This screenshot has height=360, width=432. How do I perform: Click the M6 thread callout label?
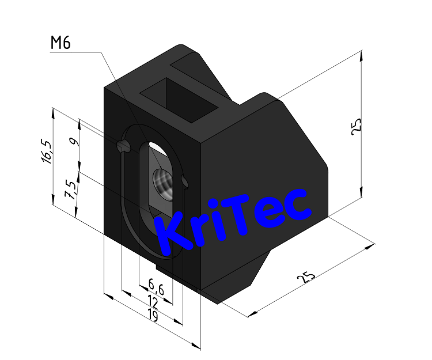click(x=60, y=43)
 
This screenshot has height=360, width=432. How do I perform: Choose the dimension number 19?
click(x=152, y=315)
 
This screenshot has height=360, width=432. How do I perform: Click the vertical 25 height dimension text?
click(x=356, y=126)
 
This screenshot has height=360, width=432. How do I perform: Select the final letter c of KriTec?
click(x=298, y=207)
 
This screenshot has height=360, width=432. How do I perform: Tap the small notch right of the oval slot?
click(x=184, y=182)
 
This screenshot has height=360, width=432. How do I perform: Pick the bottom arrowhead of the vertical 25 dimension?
click(x=361, y=196)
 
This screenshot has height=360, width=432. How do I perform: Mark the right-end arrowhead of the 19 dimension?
click(x=197, y=346)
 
